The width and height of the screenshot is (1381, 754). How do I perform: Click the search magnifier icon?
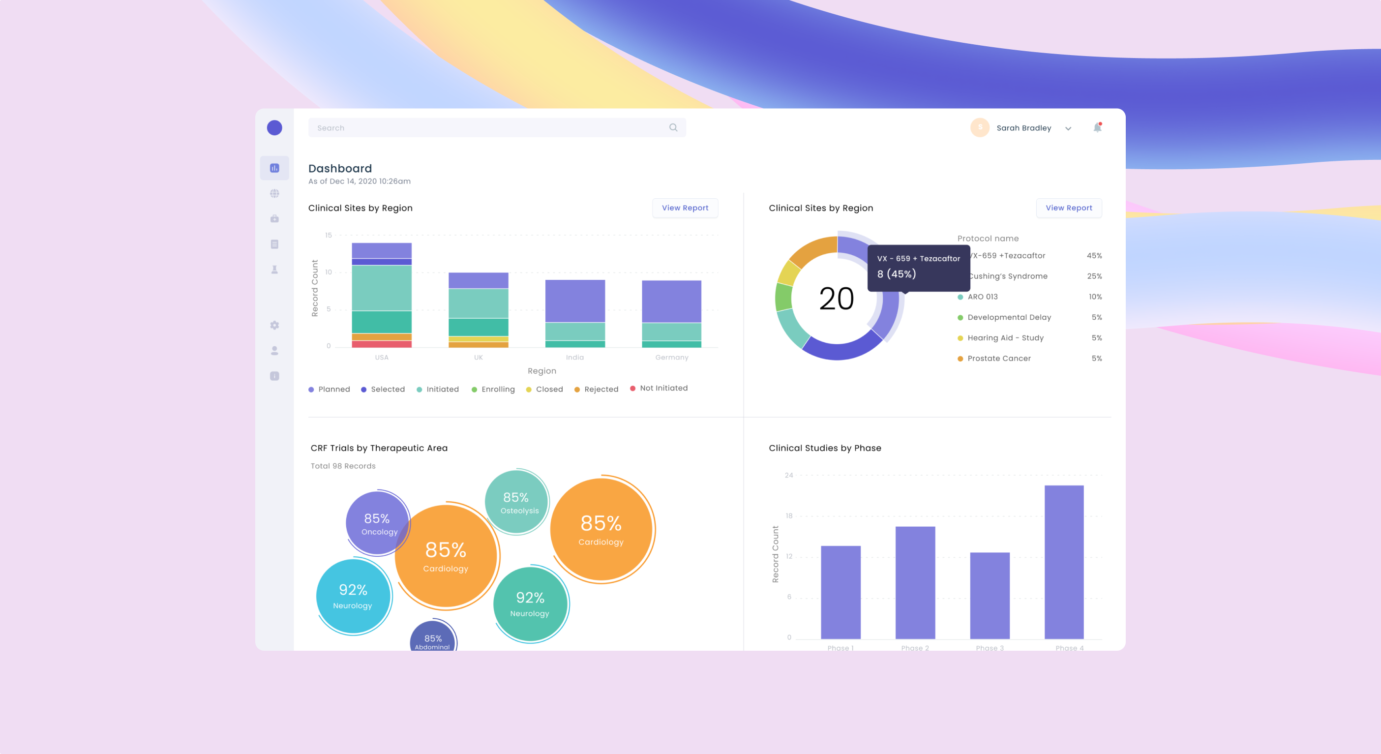coord(673,127)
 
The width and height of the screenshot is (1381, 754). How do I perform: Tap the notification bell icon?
coord(1097,127)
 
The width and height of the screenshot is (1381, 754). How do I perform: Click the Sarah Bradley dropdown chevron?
coord(1068,129)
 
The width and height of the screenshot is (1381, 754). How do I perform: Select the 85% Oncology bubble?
coord(377,523)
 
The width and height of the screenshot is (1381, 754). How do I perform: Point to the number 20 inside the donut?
coord(836,299)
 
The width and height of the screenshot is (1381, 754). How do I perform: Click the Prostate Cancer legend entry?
coord(999,358)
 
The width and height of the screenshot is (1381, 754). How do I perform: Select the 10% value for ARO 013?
coord(1095,297)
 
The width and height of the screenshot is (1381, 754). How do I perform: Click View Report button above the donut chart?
coord(1068,208)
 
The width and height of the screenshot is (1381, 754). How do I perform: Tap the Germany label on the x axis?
coord(671,357)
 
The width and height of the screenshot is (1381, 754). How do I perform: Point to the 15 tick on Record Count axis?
coord(328,236)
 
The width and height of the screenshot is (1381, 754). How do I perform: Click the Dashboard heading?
coord(340,168)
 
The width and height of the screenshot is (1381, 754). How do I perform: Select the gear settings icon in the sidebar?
coord(274,326)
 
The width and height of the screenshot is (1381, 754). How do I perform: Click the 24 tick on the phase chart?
coord(788,475)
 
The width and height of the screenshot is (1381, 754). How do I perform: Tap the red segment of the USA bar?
coord(382,344)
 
